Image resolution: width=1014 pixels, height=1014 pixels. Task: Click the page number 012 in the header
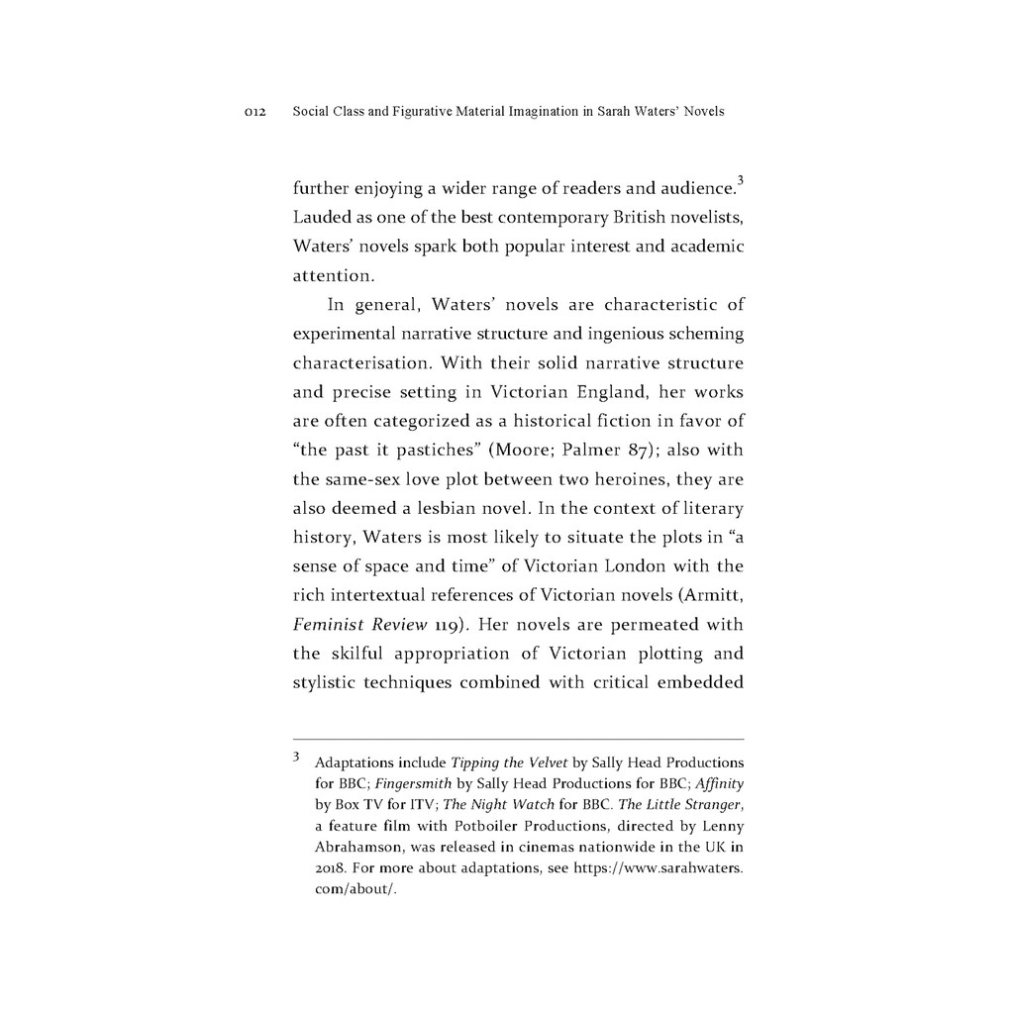coord(254,112)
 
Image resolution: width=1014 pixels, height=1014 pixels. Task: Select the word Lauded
coord(323,217)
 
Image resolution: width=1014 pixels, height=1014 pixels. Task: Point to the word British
coord(643,217)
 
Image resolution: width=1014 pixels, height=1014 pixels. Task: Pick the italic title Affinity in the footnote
coord(720,783)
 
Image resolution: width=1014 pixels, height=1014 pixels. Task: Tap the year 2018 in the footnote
coord(329,867)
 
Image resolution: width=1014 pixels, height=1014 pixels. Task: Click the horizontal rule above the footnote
coord(518,739)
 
